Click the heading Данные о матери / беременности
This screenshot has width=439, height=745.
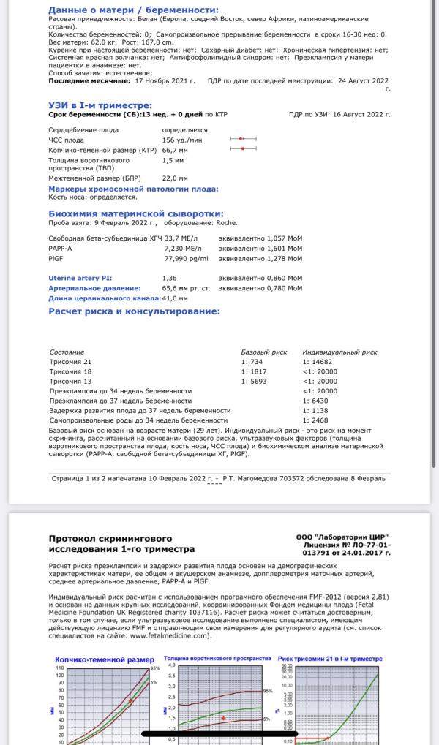point(133,10)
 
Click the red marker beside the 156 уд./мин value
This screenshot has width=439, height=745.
point(241,138)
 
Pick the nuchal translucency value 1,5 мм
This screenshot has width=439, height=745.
point(173,159)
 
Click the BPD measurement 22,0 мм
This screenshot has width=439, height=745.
point(175,178)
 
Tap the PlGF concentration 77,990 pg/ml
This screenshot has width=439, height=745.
point(186,258)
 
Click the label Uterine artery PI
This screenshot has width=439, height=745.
point(80,278)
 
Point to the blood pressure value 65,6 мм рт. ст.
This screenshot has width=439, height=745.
point(186,288)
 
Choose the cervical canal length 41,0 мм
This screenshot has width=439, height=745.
point(175,298)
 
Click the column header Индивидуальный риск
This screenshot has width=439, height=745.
point(339,352)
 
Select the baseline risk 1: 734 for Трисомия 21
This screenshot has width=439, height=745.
point(252,362)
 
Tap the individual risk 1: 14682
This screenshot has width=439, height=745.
point(319,362)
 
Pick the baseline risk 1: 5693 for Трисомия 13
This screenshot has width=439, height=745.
point(254,381)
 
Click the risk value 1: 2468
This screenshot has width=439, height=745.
point(317,420)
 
